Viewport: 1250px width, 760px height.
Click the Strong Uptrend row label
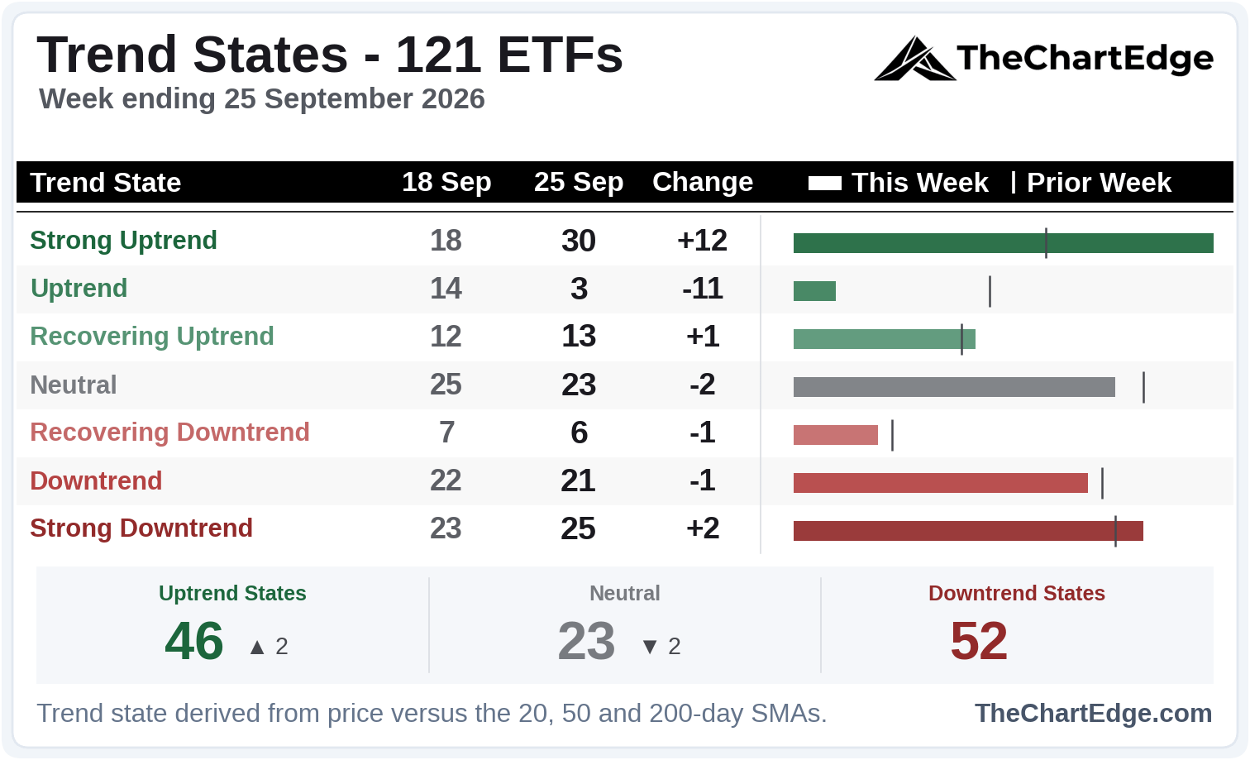pyautogui.click(x=123, y=241)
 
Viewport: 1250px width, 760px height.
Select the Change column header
pyautogui.click(x=703, y=182)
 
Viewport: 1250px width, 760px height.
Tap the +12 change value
pyautogui.click(x=702, y=241)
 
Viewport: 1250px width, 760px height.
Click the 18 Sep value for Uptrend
pyautogui.click(x=446, y=289)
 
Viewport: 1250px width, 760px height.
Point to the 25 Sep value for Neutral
pyautogui.click(x=579, y=385)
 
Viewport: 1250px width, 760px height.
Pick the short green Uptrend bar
pyautogui.click(x=815, y=291)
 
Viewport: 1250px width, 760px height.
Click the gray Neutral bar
pyautogui.click(x=954, y=387)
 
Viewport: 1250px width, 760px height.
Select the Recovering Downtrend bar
pyautogui.click(x=835, y=435)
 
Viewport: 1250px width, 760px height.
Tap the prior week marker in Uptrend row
pyautogui.click(x=990, y=291)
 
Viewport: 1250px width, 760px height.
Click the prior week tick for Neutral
pyautogui.click(x=1144, y=387)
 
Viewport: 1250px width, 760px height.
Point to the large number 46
pyautogui.click(x=193, y=641)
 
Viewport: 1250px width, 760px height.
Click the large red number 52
pyautogui.click(x=979, y=641)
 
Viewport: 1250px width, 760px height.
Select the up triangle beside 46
pyautogui.click(x=257, y=648)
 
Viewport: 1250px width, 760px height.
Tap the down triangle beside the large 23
pyautogui.click(x=650, y=648)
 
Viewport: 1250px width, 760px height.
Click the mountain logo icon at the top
pyautogui.click(x=914, y=59)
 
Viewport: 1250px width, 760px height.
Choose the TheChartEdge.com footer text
pyautogui.click(x=1093, y=713)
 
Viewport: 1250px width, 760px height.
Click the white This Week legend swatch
pyautogui.click(x=825, y=183)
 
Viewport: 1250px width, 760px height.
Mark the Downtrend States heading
pyautogui.click(x=1017, y=593)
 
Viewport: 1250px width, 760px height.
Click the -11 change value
pyautogui.click(x=703, y=289)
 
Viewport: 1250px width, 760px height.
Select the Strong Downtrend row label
pyautogui.click(x=141, y=528)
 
